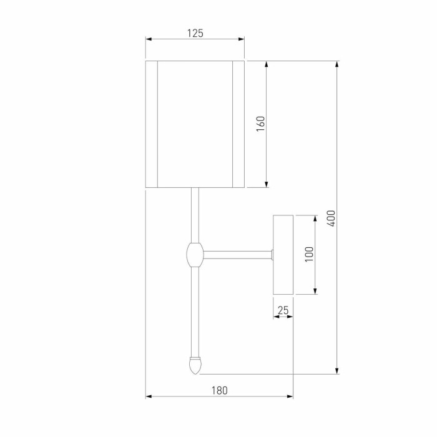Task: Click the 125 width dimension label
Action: (195, 33)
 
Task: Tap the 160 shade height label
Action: (261, 123)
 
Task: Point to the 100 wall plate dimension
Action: (310, 254)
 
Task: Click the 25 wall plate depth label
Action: (283, 310)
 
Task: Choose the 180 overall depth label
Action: (219, 390)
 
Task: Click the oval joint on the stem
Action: (195, 254)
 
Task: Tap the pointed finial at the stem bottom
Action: (196, 365)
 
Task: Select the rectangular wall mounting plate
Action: (283, 254)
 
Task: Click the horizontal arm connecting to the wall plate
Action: (237, 254)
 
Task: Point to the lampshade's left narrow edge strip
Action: (151, 123)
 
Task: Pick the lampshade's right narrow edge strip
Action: (238, 123)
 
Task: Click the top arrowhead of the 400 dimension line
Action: (338, 64)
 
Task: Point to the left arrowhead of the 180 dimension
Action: (149, 396)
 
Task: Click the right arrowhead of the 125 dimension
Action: (241, 39)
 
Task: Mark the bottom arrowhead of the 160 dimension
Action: (267, 184)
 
